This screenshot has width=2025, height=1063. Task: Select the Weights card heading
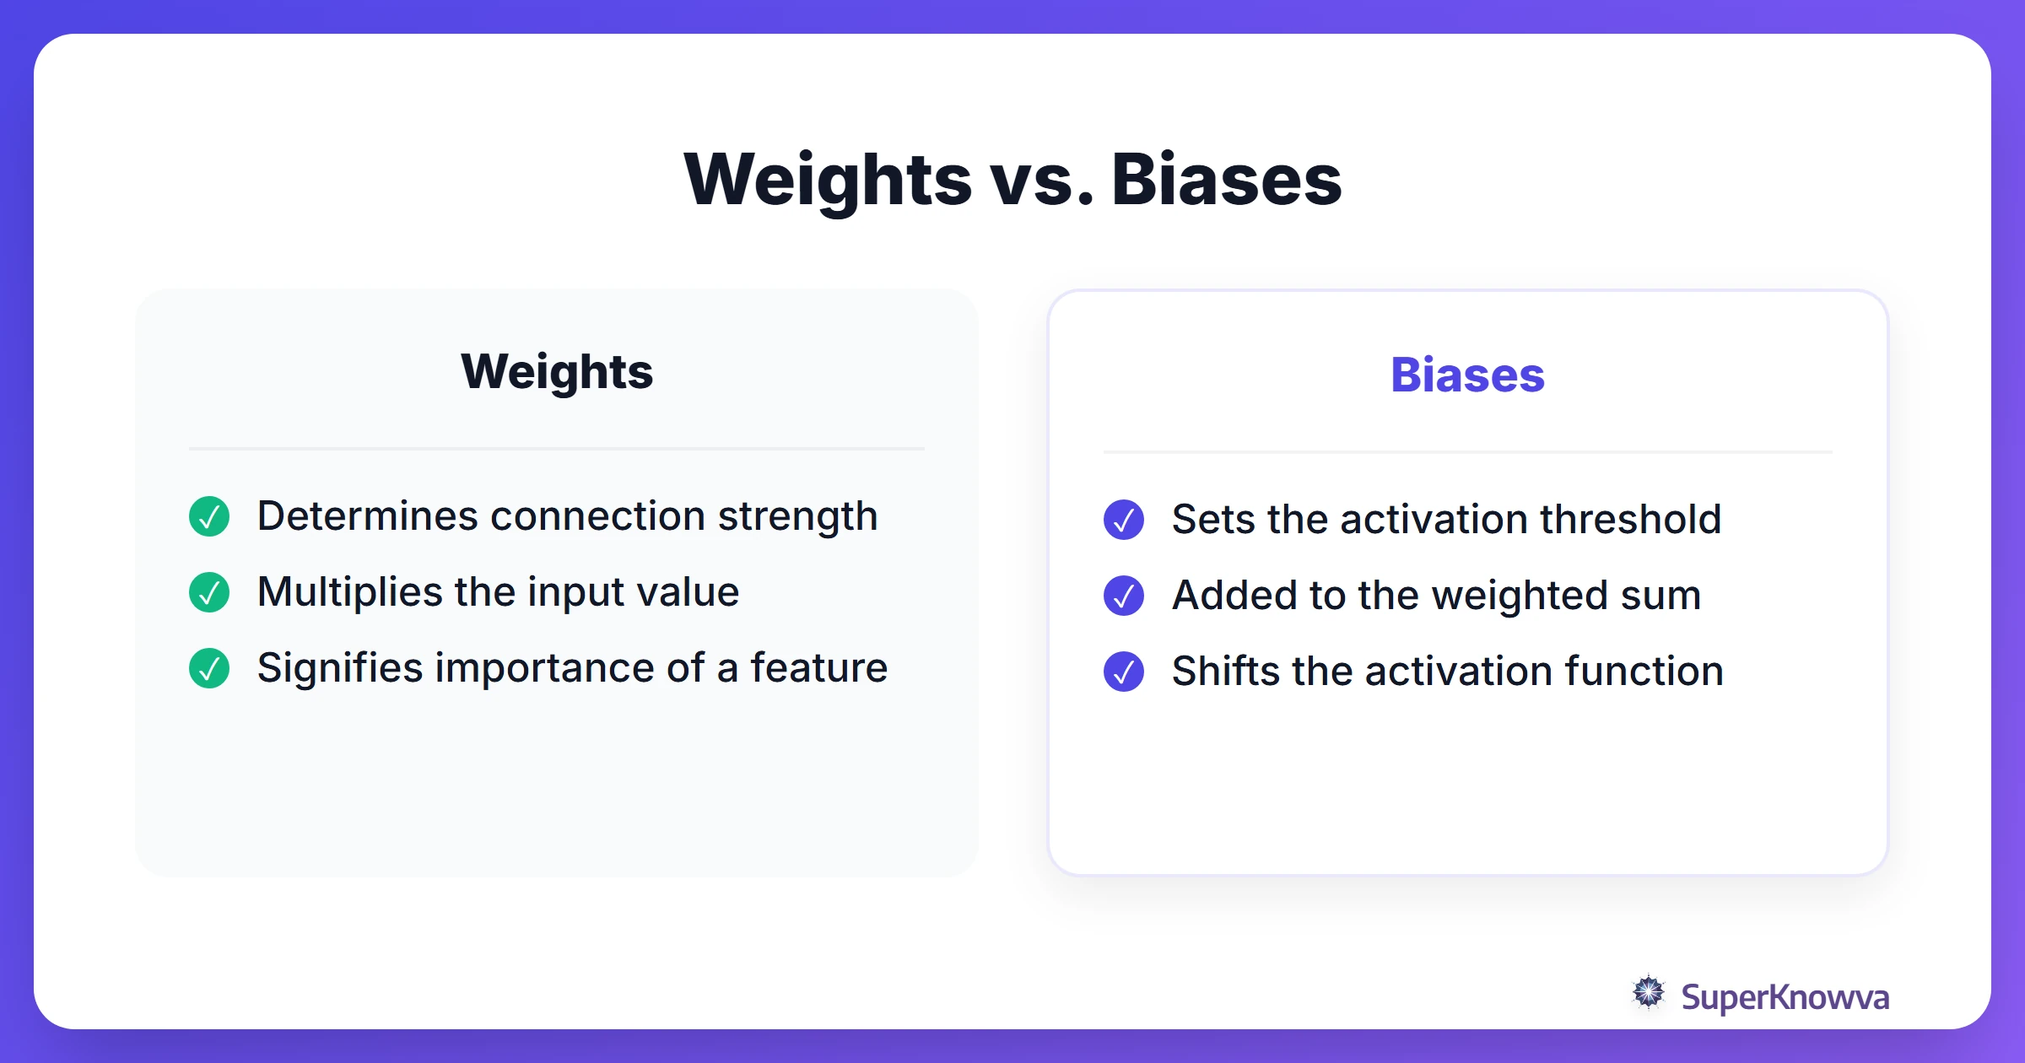[x=557, y=371]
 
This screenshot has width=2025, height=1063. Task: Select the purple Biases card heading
[x=1467, y=375]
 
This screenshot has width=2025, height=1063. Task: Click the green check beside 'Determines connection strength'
[x=209, y=516]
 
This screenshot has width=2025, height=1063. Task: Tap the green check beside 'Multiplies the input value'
[x=209, y=592]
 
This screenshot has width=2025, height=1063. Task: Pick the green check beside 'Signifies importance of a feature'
[x=209, y=668]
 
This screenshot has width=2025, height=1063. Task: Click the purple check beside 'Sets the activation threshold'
[x=1124, y=520]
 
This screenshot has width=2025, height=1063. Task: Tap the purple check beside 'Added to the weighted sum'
[x=1124, y=596]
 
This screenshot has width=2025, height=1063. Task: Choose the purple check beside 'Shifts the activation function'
[x=1124, y=672]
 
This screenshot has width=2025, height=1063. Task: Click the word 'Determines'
[x=367, y=516]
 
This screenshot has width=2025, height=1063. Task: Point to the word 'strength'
[x=797, y=516]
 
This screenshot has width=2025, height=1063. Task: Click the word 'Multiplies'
[x=349, y=592]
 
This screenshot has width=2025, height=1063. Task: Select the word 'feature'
[x=818, y=668]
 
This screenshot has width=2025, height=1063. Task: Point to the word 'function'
[x=1644, y=672]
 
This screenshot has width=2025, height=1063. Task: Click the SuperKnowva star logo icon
[x=1649, y=993]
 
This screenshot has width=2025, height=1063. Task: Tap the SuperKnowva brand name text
[x=1785, y=997]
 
